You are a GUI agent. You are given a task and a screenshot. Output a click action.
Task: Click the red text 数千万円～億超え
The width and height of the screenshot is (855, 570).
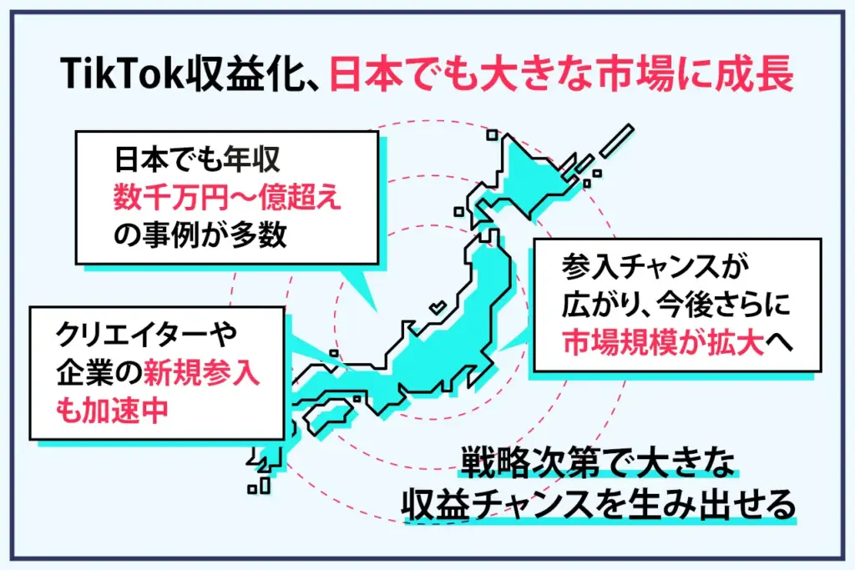pyautogui.click(x=227, y=197)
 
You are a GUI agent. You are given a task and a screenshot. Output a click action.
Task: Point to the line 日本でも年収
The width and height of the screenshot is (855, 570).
pyautogui.click(x=197, y=159)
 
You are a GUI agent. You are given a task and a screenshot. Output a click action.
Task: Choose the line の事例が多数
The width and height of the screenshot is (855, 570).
pyautogui.click(x=200, y=235)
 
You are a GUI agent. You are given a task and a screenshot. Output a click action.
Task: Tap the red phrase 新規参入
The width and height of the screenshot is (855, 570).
pyautogui.click(x=201, y=373)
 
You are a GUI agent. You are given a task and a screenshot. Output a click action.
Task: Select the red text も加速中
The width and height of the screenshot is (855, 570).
pyautogui.click(x=112, y=410)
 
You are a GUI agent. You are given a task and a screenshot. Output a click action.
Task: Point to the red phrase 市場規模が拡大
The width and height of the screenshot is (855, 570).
pyautogui.click(x=663, y=343)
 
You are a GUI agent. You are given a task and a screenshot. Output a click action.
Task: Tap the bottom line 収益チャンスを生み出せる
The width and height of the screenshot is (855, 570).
pyautogui.click(x=599, y=505)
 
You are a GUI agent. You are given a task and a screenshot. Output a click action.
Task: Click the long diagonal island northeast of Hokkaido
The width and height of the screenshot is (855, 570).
pyautogui.click(x=617, y=140)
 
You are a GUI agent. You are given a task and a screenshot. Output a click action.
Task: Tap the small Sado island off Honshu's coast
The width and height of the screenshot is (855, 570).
pyautogui.click(x=438, y=307)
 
